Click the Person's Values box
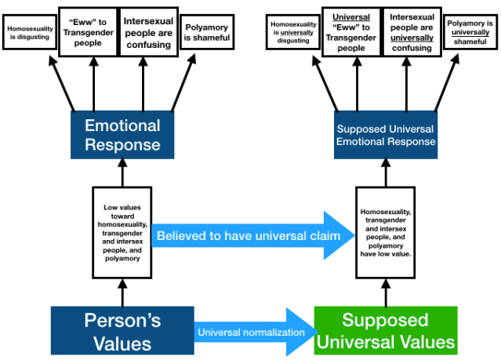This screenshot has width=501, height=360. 122,331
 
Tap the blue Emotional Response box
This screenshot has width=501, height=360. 122,135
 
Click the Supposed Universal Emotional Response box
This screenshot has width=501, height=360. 385,135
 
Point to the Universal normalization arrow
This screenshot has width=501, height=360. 251,331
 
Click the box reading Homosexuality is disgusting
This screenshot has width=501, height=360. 28,31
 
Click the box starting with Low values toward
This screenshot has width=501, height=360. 122,232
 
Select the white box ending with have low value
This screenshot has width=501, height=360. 385,232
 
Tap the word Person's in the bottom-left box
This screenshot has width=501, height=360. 122,320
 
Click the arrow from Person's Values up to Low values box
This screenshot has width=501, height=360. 122,293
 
